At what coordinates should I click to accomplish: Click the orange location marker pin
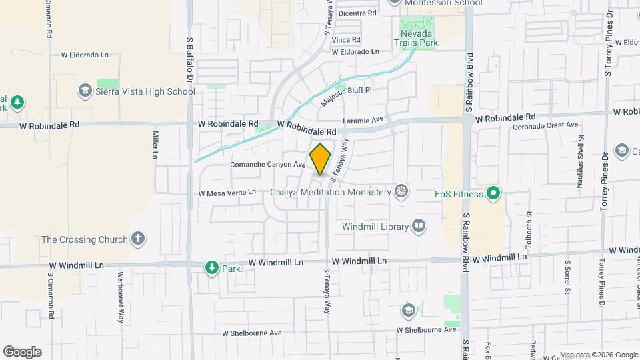point(321,159)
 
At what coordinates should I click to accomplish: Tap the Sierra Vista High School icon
point(85,90)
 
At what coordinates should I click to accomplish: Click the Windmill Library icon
point(418,227)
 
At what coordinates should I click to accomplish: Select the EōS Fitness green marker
point(493,194)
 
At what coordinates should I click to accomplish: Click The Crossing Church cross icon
point(138,239)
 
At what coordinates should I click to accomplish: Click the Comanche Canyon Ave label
point(267,165)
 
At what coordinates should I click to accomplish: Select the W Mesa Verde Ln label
point(227,193)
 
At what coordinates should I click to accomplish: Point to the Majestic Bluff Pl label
point(345,93)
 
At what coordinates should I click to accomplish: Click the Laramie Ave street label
point(365,120)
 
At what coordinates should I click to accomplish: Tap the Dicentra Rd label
point(358,13)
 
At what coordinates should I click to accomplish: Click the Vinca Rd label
point(346,40)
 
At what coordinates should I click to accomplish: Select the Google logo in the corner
point(22,351)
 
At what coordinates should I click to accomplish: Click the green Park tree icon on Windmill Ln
point(212,267)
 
